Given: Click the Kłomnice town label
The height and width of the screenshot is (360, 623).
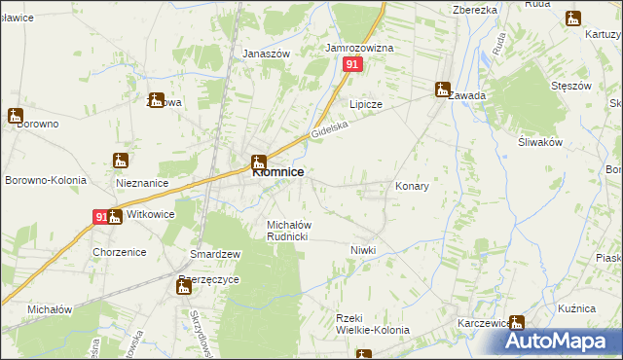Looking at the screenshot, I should click(x=278, y=172).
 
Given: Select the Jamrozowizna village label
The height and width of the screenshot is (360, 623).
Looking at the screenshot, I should click(x=359, y=47).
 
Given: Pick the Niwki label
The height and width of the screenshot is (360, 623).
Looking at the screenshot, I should click(x=363, y=250).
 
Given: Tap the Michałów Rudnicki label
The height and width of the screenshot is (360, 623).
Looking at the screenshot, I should click(x=288, y=231).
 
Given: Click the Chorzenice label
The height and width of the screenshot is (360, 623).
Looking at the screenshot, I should click(x=120, y=252).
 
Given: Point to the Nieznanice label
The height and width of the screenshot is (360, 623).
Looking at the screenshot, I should click(x=142, y=183).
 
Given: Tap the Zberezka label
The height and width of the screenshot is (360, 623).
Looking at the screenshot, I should click(x=475, y=9).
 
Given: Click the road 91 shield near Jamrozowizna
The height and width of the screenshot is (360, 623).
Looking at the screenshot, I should click(x=353, y=64).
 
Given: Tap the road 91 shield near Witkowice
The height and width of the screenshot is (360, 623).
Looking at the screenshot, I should click(x=99, y=218).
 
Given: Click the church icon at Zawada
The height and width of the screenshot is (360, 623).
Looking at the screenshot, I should click(x=443, y=89).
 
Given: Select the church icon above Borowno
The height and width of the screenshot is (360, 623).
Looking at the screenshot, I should click(x=15, y=115).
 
